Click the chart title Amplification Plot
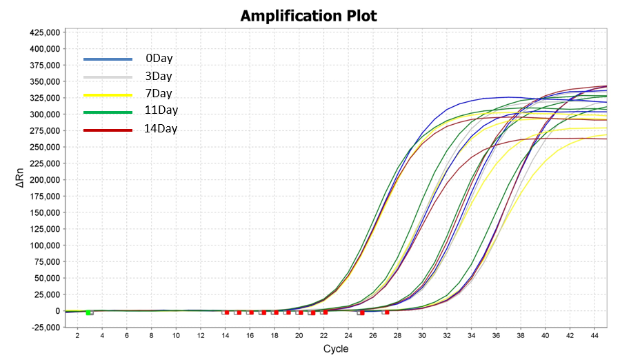[x=308, y=15]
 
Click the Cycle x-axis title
[x=336, y=349]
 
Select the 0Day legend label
[x=159, y=59]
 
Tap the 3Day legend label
[x=159, y=76]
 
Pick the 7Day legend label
[x=159, y=93]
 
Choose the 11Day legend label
[x=161, y=110]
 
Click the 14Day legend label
[x=161, y=128]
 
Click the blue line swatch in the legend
[x=108, y=59]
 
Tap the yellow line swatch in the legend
[x=108, y=94]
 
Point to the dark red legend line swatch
[x=108, y=130]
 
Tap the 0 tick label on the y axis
[x=59, y=311]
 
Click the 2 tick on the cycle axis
[x=77, y=335]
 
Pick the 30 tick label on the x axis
[x=422, y=335]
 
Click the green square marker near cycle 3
[x=89, y=313]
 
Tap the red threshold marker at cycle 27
[x=387, y=312]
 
